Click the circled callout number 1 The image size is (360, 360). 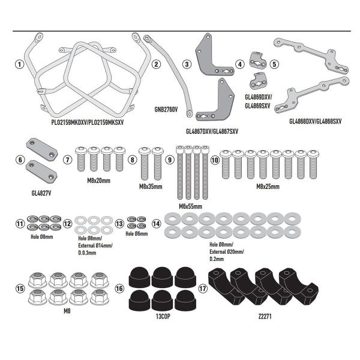20,64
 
